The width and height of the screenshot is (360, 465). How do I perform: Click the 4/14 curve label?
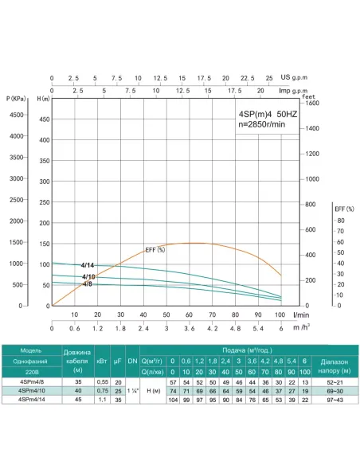point(88,265)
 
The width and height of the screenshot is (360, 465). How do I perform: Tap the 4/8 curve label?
point(88,283)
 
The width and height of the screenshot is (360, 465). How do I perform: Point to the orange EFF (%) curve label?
point(155,250)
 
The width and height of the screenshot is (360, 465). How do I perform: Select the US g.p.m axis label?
point(296,78)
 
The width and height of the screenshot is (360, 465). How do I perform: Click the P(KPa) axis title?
point(15,98)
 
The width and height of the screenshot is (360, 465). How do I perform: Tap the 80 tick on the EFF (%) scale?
point(340,220)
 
